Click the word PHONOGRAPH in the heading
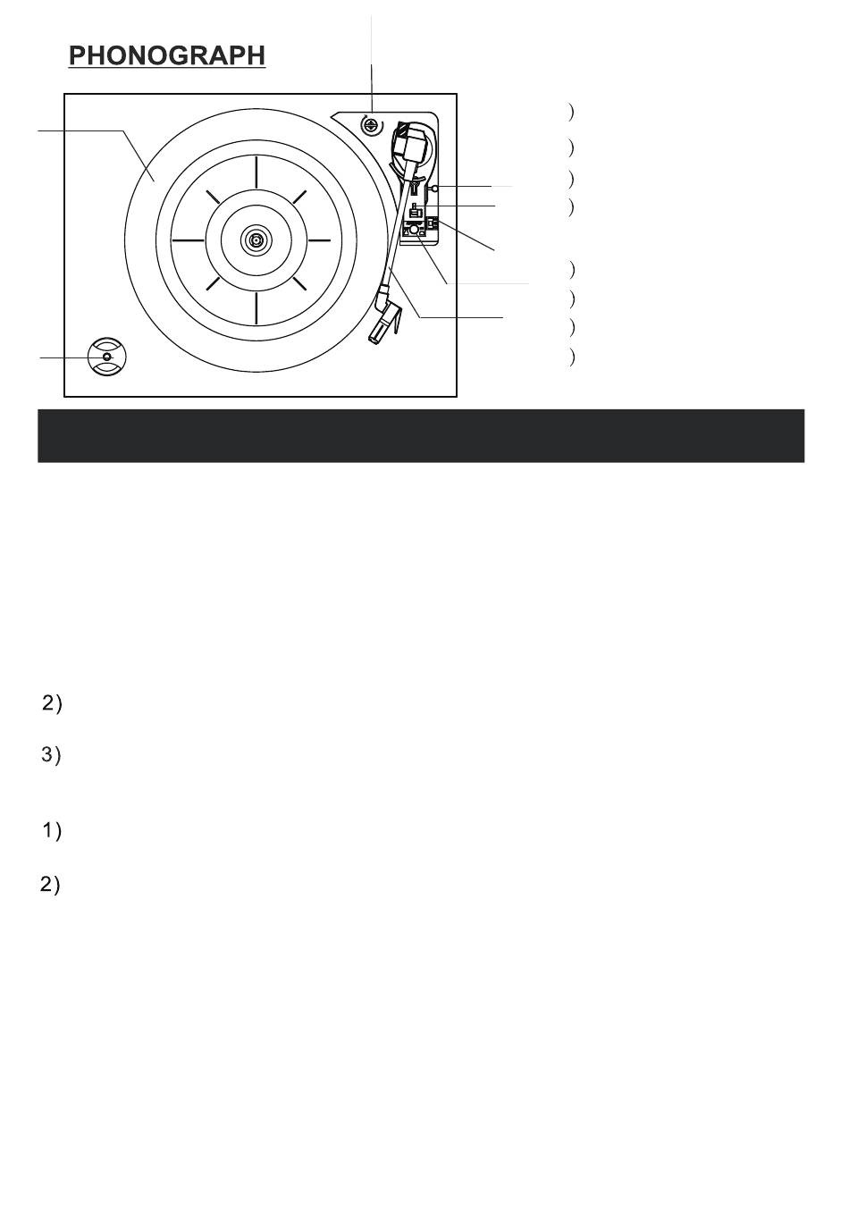(167, 55)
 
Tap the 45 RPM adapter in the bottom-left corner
(106, 357)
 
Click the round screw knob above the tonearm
(371, 125)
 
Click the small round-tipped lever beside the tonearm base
(434, 189)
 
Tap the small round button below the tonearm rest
(414, 230)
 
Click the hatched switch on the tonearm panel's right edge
(433, 222)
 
